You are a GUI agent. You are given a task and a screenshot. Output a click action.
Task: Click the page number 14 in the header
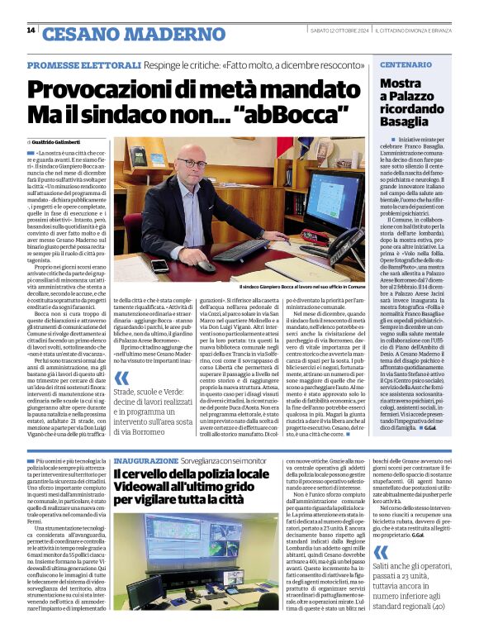coord(31,31)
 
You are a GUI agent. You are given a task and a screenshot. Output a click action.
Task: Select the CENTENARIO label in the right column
coord(405,64)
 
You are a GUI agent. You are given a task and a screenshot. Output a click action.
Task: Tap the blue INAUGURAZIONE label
coord(145,459)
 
